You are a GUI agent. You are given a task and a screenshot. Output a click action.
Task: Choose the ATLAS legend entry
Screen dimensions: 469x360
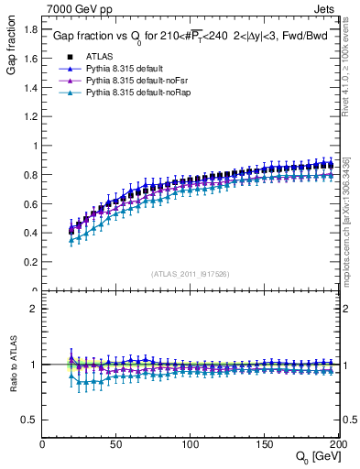tap(95, 57)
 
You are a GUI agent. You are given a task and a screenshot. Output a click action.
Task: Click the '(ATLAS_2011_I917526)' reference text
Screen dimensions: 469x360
tap(189, 273)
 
